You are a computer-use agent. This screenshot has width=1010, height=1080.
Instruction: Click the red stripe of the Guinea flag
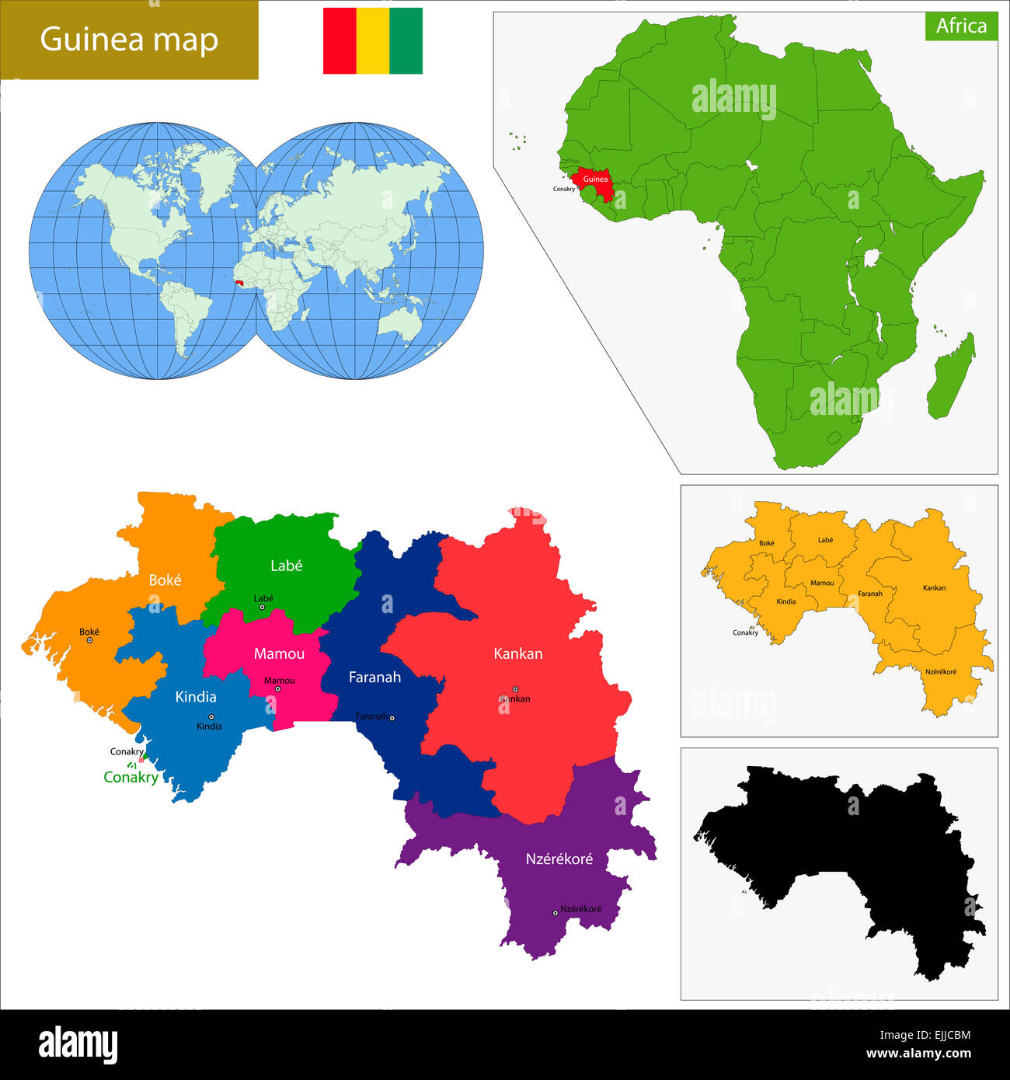[x=340, y=41]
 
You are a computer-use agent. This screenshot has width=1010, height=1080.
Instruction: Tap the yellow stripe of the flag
[x=373, y=41]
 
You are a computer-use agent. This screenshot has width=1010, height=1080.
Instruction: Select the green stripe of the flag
[x=406, y=41]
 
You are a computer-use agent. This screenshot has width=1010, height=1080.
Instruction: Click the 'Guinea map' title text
[x=129, y=40]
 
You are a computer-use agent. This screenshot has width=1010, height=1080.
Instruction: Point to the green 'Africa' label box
[x=961, y=26]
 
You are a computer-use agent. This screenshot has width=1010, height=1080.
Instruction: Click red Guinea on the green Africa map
[x=595, y=179]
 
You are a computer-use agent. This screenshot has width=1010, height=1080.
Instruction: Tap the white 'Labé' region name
[x=286, y=566]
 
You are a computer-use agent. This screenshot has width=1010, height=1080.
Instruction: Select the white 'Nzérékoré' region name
[x=559, y=859]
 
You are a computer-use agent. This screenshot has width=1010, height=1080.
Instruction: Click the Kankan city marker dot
[x=515, y=689]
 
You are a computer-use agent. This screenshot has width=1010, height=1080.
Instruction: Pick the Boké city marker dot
[x=89, y=640]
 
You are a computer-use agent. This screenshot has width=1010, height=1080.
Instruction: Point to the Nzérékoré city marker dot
[x=555, y=913]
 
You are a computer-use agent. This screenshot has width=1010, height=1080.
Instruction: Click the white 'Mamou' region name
[x=279, y=654]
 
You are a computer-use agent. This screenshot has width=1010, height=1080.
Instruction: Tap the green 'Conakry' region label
[x=131, y=777]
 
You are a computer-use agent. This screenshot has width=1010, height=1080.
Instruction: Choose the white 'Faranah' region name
[x=374, y=678]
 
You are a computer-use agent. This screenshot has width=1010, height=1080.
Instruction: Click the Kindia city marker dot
[x=211, y=717]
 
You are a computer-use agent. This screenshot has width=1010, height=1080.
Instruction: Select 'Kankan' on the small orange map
[x=934, y=588]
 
